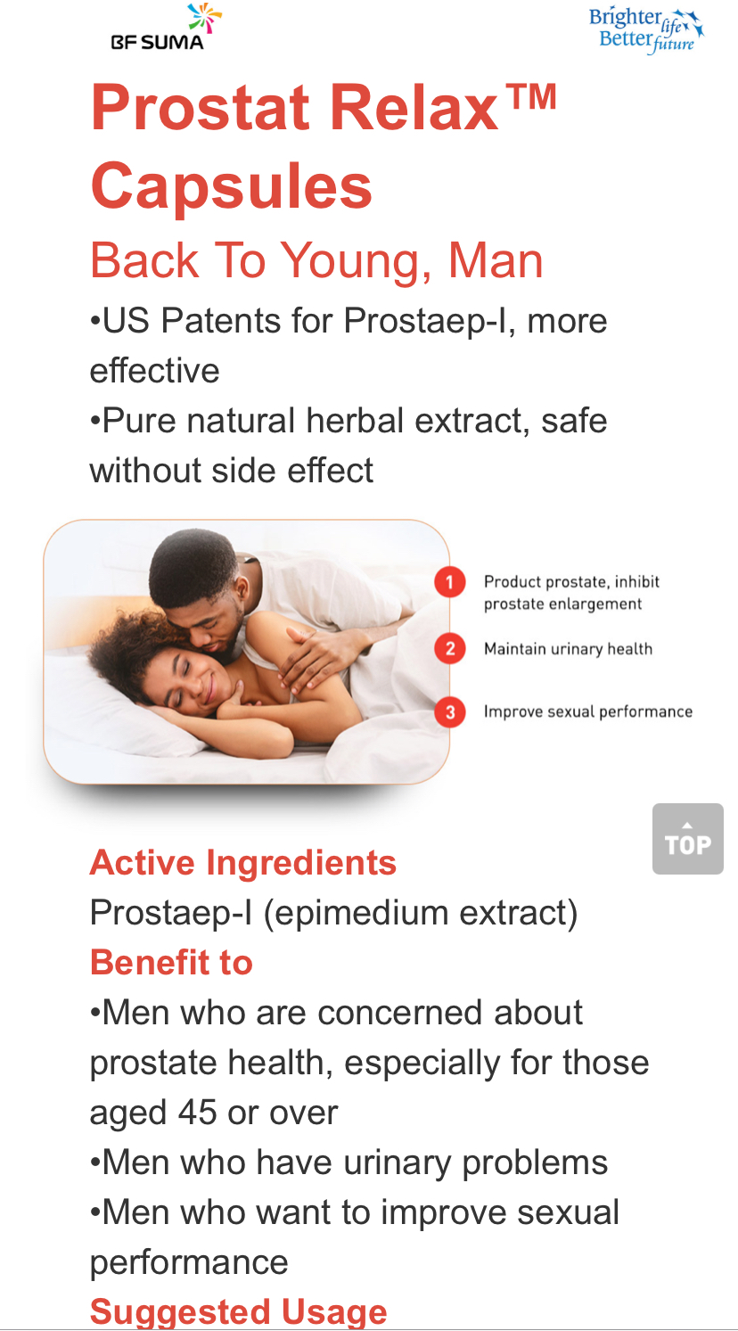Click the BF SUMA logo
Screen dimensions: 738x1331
click(x=165, y=28)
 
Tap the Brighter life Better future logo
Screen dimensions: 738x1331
click(x=646, y=30)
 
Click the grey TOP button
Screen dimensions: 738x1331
click(x=687, y=838)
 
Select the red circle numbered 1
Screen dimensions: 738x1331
click(x=450, y=582)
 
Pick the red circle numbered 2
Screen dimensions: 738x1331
click(x=450, y=648)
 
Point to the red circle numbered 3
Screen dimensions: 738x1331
click(x=450, y=711)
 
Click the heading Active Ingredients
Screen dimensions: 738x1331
click(x=243, y=863)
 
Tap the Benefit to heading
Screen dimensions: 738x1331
click(x=171, y=962)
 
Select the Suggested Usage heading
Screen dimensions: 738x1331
click(x=238, y=1312)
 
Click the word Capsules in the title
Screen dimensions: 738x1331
click(x=231, y=186)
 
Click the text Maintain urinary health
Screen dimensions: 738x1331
click(x=568, y=649)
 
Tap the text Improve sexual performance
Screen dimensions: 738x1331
click(x=588, y=711)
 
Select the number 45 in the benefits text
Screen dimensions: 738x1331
click(x=197, y=1112)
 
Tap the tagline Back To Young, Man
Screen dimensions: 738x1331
click(x=316, y=261)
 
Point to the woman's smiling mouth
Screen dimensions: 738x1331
click(x=209, y=690)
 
